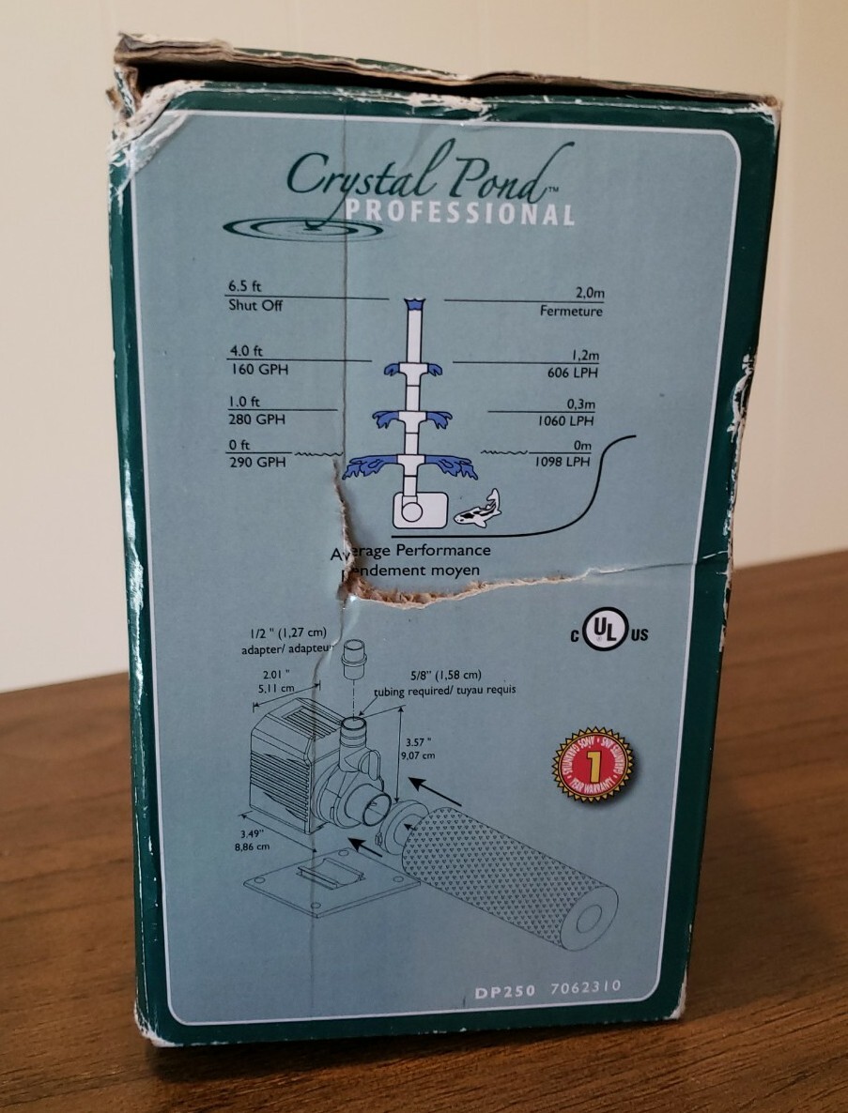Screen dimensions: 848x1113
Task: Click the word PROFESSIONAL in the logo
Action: click(x=459, y=212)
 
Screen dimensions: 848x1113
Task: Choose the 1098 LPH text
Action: click(x=566, y=462)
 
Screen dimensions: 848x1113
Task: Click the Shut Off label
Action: click(x=254, y=306)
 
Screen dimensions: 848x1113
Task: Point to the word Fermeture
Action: click(x=571, y=312)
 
